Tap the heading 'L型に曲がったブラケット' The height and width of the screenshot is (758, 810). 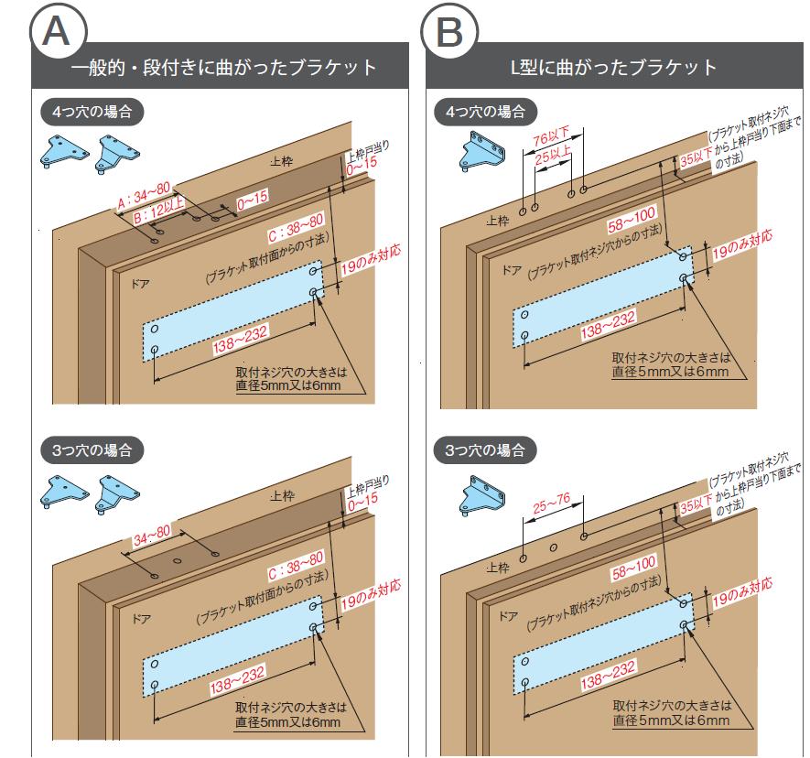(x=613, y=68)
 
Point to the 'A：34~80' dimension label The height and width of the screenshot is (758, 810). (x=144, y=193)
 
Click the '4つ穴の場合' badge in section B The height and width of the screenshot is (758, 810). (x=485, y=113)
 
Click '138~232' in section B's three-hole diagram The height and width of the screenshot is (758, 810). (x=608, y=672)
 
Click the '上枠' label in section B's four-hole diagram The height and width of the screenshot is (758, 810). (x=498, y=221)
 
